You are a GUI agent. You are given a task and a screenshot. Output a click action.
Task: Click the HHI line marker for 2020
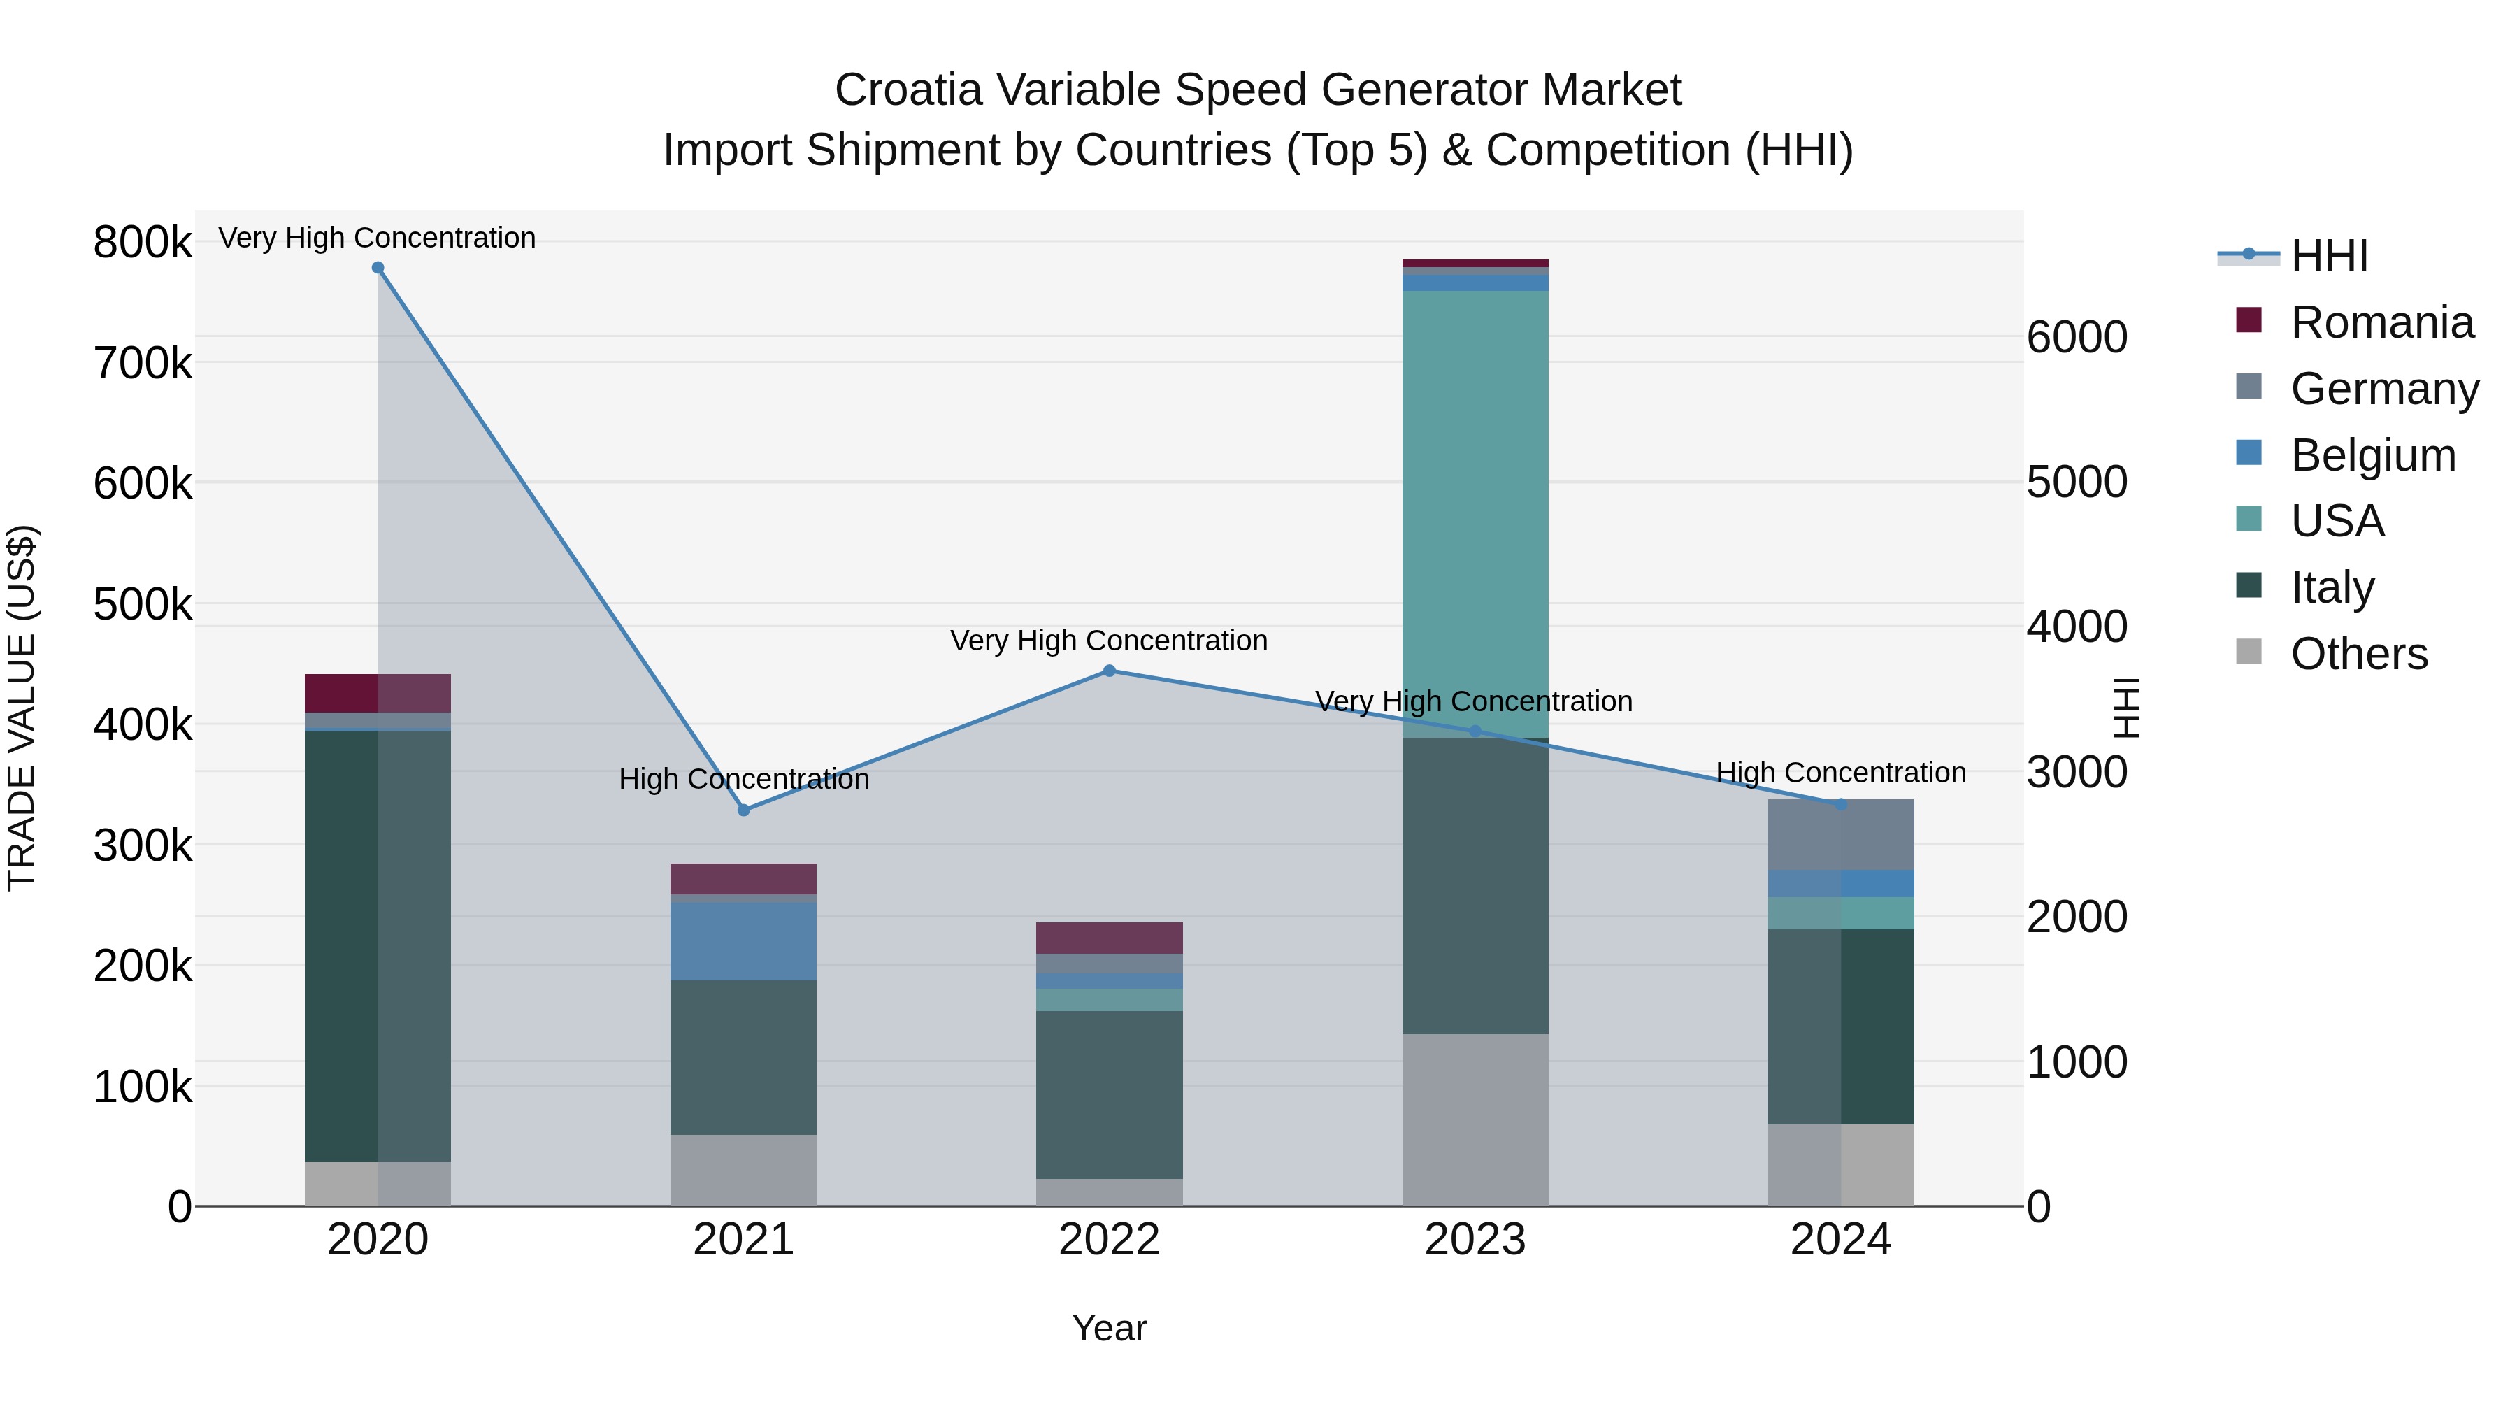378,268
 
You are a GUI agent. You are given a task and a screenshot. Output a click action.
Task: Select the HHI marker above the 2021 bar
744,810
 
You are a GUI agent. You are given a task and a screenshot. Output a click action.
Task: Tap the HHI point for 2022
1109,671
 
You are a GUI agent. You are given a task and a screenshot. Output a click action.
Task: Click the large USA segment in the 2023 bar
1475,513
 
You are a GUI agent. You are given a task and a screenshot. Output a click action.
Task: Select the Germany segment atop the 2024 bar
1840,834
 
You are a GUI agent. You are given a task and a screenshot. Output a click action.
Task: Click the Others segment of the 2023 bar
1475,1119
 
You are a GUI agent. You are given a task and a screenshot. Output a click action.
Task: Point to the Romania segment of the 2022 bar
1109,937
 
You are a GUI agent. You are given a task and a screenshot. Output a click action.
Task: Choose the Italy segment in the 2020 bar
378,946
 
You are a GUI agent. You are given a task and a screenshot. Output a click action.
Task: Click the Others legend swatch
2249,652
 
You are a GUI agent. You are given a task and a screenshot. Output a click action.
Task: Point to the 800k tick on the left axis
143,243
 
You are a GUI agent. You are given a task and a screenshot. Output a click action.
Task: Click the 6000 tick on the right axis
2077,337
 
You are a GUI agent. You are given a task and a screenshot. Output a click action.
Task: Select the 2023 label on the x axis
1475,1240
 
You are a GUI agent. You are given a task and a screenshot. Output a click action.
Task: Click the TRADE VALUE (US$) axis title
22,708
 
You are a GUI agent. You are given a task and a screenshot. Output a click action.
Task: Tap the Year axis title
1109,1328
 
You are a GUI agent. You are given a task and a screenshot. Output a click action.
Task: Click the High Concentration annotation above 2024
1840,773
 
